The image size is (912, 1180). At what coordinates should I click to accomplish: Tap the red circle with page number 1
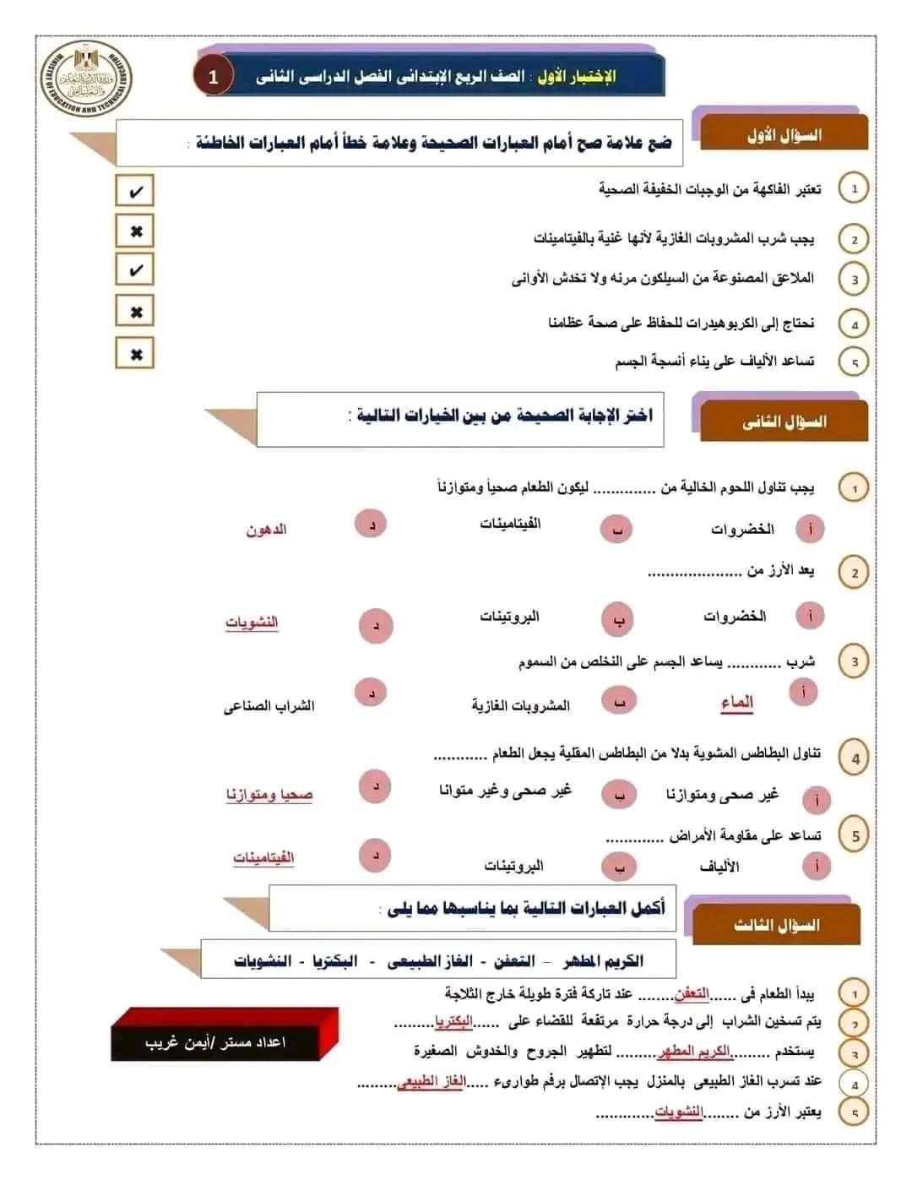tap(213, 77)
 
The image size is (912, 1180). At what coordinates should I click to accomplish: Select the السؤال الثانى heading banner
tap(783, 421)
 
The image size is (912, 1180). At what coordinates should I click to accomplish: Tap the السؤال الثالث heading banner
tap(776, 925)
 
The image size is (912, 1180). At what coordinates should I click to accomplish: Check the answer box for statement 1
tap(135, 192)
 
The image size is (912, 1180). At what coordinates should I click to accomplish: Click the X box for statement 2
tap(135, 231)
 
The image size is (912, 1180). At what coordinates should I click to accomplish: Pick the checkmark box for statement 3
tap(135, 271)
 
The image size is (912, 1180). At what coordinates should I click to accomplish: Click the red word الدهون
tap(266, 530)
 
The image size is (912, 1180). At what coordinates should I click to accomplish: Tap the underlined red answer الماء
tap(736, 703)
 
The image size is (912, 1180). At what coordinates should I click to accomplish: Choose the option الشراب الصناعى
tap(269, 706)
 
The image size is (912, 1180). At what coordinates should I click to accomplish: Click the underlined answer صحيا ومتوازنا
tap(269, 795)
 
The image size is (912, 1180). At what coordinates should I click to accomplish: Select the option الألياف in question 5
tap(719, 867)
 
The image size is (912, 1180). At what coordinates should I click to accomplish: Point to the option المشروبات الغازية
tap(520, 705)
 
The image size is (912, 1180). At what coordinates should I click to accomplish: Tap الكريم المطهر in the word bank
tap(601, 961)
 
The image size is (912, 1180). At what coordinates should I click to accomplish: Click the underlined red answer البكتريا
tap(453, 1021)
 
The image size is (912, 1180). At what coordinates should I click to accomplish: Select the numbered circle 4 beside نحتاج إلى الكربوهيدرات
tap(854, 324)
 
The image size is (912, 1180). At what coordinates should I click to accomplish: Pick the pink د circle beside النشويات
tap(376, 626)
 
